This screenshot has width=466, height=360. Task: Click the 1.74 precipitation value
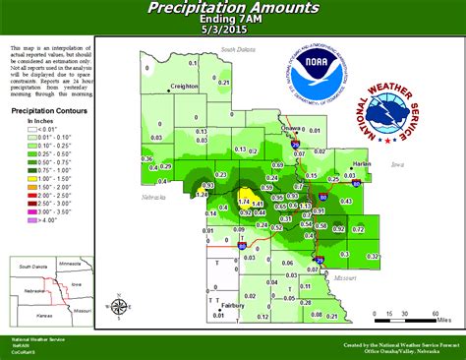click(245, 201)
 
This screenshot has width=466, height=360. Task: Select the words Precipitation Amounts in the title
click(233, 9)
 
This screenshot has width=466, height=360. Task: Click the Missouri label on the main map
click(344, 278)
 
